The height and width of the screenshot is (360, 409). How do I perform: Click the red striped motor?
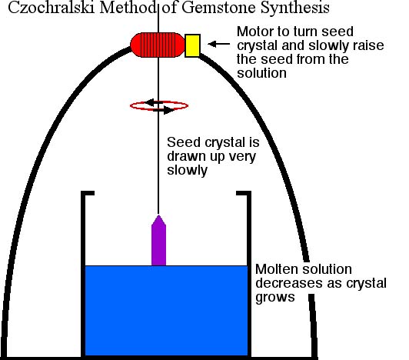158,45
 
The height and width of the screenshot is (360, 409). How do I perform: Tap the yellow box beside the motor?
192,45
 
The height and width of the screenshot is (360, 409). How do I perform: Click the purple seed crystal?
158,240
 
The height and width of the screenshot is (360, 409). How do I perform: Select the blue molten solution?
166,311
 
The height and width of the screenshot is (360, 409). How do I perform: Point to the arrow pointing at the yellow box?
219,44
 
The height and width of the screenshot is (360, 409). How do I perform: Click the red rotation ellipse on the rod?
159,105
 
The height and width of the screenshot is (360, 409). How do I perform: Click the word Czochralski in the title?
52,8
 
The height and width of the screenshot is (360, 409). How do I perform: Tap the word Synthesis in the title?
295,8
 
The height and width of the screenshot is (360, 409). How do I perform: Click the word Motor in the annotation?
255,32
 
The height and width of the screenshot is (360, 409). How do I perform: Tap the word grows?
275,298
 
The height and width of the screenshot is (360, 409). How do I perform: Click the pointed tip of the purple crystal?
158,215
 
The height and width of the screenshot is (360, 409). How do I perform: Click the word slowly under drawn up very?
187,171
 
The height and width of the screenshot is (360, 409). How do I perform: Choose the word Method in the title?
128,8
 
